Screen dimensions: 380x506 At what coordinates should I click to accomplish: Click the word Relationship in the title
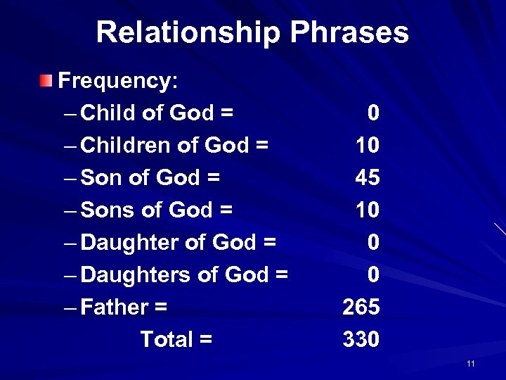pos(188,32)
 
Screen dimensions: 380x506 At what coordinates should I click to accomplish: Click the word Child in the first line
pos(108,113)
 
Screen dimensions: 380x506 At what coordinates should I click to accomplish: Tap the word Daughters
pos(136,274)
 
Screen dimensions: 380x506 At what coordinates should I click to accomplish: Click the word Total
pos(166,339)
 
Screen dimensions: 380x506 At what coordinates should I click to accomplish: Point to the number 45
pos(368,177)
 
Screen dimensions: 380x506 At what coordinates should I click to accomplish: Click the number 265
pos(361,307)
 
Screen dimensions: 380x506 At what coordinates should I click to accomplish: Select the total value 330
pos(361,339)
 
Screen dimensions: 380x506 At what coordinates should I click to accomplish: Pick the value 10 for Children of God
pos(368,145)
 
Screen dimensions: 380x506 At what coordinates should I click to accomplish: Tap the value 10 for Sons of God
pos(368,210)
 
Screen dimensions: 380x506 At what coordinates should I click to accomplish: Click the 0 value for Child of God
pos(374,113)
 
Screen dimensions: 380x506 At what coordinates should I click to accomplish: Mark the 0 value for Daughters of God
pos(374,274)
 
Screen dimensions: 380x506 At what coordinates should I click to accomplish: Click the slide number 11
pos(471,364)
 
